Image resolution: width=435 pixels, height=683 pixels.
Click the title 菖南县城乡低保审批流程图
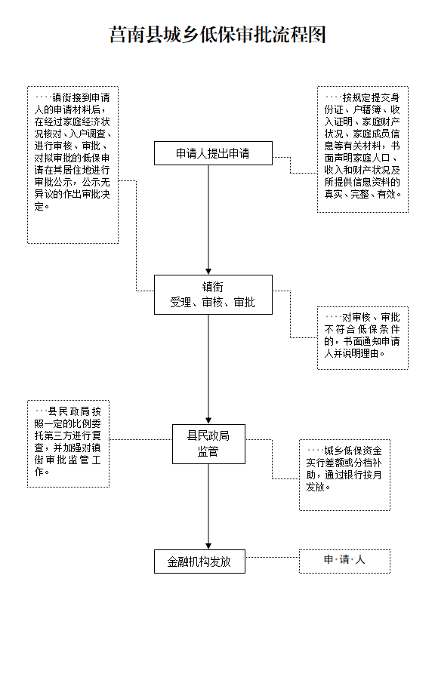217,35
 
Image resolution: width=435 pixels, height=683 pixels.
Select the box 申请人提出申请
213,153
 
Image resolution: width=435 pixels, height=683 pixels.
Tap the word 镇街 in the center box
213,287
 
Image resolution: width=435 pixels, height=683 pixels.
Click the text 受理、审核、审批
213,303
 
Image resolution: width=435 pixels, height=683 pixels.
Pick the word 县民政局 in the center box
208,435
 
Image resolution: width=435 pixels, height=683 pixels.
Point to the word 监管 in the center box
208,451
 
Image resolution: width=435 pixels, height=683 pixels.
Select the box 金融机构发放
199,561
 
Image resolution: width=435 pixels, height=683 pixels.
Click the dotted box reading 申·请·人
344,561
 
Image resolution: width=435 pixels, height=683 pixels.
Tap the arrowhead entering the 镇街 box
208,272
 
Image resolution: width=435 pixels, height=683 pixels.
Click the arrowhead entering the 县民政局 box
208,421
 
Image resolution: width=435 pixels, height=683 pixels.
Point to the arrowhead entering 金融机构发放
208,546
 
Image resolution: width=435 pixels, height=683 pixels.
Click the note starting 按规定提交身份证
362,149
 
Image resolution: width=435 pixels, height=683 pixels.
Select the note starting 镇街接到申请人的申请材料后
72,165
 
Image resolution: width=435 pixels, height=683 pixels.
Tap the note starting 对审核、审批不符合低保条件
362,338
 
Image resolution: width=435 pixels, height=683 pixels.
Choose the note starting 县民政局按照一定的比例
69,444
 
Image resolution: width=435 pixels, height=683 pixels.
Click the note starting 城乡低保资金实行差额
344,475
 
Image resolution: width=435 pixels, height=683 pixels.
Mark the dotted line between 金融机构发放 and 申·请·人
272,557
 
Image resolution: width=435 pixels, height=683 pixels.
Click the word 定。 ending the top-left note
42,207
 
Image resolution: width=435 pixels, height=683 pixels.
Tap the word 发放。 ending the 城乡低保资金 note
318,487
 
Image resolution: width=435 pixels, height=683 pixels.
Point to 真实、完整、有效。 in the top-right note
362,194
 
